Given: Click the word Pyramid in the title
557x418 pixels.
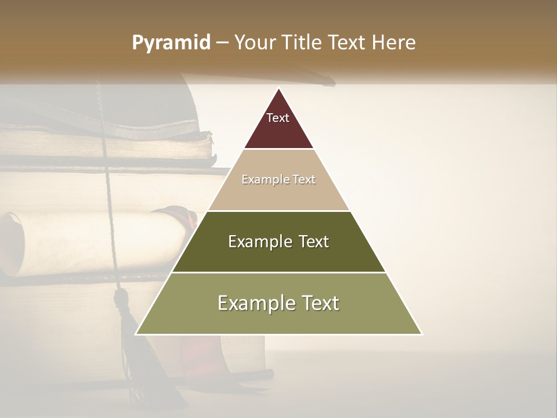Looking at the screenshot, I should coord(171,43).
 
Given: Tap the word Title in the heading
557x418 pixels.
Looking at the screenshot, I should coord(301,43).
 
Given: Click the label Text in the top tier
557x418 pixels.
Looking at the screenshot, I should coord(278,118).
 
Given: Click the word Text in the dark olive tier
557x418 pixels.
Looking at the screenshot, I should coord(310,242).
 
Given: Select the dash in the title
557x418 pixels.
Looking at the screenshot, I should coord(222,43).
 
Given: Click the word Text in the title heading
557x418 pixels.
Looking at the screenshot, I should coord(348,43).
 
